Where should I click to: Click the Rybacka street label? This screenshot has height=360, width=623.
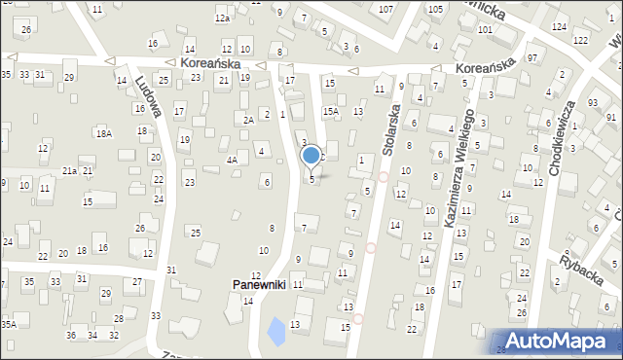tap(581, 264)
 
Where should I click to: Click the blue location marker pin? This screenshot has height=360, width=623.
tap(311, 156)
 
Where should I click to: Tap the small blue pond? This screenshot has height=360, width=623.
tap(277, 332)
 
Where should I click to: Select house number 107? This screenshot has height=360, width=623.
tap(386, 9)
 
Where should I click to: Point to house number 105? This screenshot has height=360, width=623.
tap(434, 9)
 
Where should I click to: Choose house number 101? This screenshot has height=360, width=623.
tap(485, 29)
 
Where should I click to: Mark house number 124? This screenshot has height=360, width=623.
tap(558, 25)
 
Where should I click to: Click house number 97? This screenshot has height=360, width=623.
tap(532, 58)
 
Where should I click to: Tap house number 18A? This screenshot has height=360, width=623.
tap(103, 133)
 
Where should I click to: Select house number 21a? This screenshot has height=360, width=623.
tap(70, 170)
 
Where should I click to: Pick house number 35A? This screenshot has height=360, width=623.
tap(8, 324)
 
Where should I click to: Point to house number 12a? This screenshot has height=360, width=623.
tap(222, 18)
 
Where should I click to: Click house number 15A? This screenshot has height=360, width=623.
tap(331, 112)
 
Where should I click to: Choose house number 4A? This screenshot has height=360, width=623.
tap(232, 160)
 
